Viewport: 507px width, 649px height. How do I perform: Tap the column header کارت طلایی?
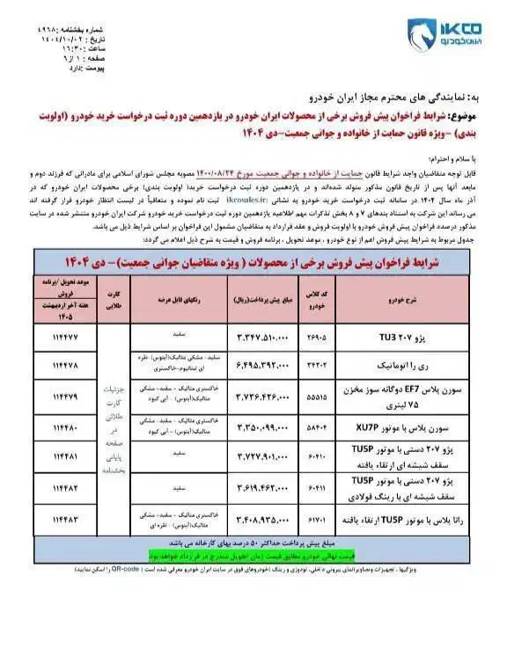tap(112, 295)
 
